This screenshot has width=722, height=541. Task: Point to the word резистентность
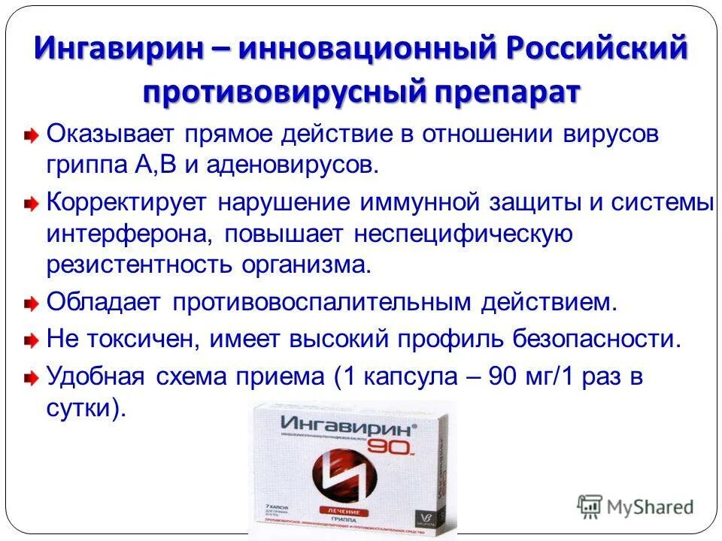coord(140,264)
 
